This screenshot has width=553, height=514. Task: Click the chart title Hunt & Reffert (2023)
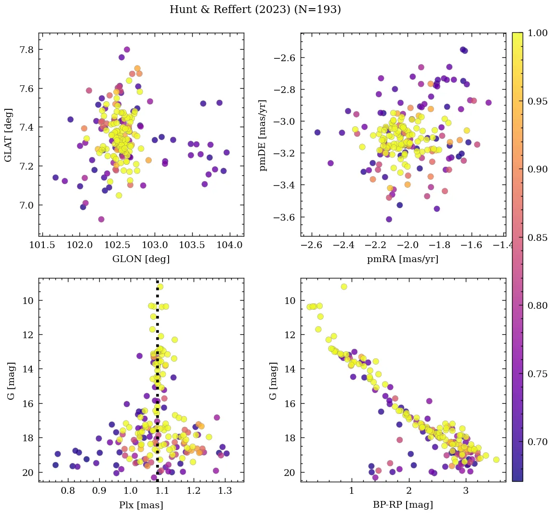(255, 10)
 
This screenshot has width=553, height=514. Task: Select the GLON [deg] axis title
(141, 259)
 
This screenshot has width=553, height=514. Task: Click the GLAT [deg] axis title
(8, 134)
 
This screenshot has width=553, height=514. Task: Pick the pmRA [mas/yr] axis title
(403, 259)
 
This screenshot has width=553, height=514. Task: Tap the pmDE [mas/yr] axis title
(263, 134)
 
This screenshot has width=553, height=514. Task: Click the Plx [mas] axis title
(141, 505)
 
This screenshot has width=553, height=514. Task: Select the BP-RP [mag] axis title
(403, 505)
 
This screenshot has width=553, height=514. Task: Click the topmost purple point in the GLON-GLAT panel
(127, 50)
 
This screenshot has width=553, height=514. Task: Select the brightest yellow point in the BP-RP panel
(344, 287)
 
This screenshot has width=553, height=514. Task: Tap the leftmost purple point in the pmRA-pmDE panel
(317, 132)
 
